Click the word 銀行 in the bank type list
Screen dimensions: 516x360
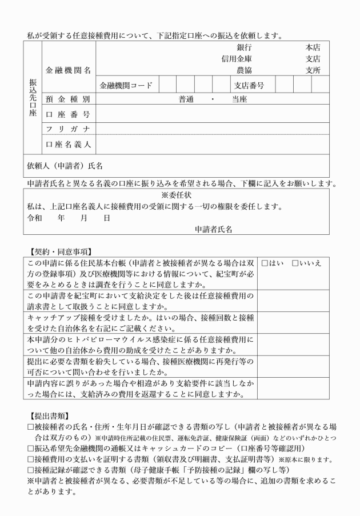pos(244,48)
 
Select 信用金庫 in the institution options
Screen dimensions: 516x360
pos(237,59)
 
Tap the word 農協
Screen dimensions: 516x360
pos(244,70)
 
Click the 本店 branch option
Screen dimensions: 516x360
pos(313,48)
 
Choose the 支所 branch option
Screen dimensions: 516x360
pos(313,70)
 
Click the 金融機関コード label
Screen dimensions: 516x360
pos(126,86)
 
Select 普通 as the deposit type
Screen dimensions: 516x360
pos(186,99)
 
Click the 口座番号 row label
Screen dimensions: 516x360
pos(68,115)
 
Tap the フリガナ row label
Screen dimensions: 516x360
pos(68,129)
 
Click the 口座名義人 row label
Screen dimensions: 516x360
pos(68,144)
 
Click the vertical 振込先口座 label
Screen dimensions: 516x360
pos(33,98)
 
